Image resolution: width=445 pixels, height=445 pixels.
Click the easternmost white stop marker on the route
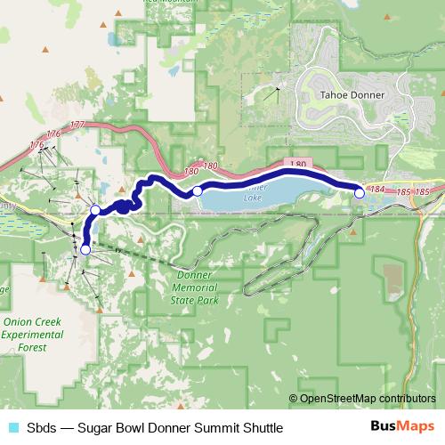[x=360, y=191]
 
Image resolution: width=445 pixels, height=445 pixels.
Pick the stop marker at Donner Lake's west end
[x=198, y=191]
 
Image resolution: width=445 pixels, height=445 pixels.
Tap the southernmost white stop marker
[x=85, y=250]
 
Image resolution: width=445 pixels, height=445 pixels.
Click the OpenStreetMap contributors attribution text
[x=368, y=399]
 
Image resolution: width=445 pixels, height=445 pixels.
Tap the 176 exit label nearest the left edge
[x=36, y=144]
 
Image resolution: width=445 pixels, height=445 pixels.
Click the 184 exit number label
[x=377, y=190]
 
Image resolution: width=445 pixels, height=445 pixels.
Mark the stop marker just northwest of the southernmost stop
[x=95, y=210]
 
